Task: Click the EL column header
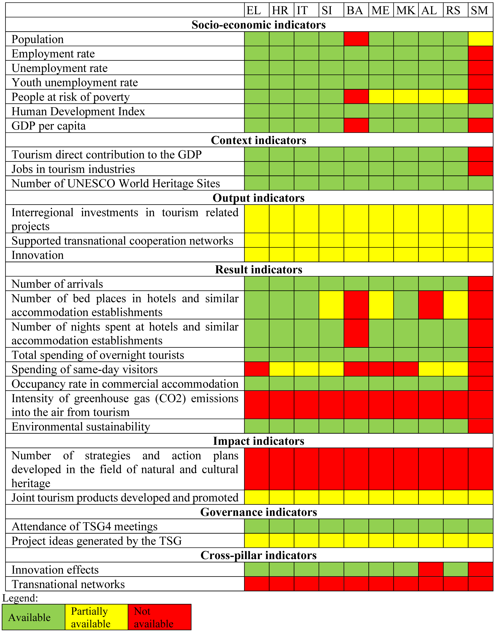coord(254,11)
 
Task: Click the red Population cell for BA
coord(356,39)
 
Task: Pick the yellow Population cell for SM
coord(480,39)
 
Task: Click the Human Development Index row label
coord(78,111)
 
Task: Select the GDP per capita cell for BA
coord(356,126)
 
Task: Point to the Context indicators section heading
coord(259,140)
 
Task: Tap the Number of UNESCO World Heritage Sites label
coord(115,184)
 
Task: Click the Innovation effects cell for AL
coord(431,570)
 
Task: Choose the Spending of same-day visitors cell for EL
coord(257,369)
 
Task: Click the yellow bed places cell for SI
coord(331,305)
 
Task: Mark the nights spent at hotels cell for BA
coord(356,333)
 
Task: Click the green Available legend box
coord(33,617)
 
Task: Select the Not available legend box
coord(159,617)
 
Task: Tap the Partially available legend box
coord(97,617)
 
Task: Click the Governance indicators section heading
coord(259,512)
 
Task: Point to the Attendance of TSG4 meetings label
coord(84,527)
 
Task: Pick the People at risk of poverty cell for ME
coord(381,97)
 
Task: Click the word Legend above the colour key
coord(20,598)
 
